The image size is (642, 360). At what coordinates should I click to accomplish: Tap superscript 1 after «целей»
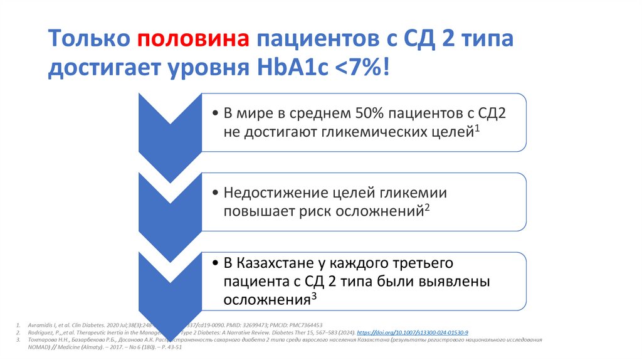pos(476,128)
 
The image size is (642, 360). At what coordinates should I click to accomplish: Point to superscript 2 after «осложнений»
pos(426,208)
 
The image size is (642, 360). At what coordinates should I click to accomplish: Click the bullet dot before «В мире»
pos(216,114)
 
